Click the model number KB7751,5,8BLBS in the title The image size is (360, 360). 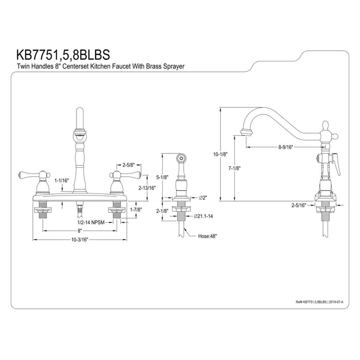pyautogui.click(x=63, y=55)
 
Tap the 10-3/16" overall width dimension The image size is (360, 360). pyautogui.click(x=80, y=240)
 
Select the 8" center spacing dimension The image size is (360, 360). pyautogui.click(x=80, y=230)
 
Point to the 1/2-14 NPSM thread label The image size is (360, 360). pyautogui.click(x=91, y=222)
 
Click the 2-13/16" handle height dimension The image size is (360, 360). pyautogui.click(x=147, y=188)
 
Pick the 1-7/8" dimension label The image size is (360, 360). pyautogui.click(x=136, y=210)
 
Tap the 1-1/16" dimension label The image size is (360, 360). pyautogui.click(x=61, y=180)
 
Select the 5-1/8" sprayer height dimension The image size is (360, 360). pyautogui.click(x=162, y=177)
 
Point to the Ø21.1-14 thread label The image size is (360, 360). pyautogui.click(x=203, y=216)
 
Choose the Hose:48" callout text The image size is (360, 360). pyautogui.click(x=208, y=236)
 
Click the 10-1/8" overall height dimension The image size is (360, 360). pyautogui.click(x=220, y=154)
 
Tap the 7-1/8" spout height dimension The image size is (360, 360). pyautogui.click(x=234, y=168)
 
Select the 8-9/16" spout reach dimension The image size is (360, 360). pyautogui.click(x=286, y=147)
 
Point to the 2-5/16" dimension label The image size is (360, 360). pyautogui.click(x=299, y=205)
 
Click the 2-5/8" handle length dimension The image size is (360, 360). pyautogui.click(x=128, y=165)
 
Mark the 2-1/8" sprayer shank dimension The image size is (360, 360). pyautogui.click(x=162, y=210)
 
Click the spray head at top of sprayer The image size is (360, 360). pyautogui.click(x=181, y=158)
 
